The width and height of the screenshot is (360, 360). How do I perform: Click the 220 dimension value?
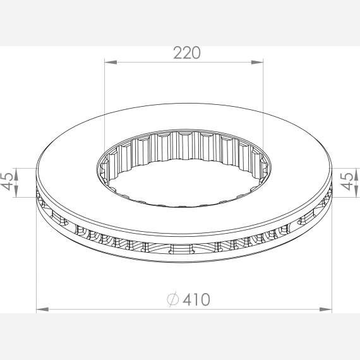point(187,53)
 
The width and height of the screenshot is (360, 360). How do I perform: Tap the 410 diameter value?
point(196,299)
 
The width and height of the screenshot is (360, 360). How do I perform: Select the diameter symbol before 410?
point(172,299)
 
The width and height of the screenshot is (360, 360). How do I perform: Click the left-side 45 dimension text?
point(7,182)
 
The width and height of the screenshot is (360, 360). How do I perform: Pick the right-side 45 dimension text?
point(347,182)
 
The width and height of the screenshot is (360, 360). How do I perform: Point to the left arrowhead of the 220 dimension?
point(111,63)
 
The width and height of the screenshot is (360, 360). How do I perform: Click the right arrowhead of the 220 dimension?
point(257,63)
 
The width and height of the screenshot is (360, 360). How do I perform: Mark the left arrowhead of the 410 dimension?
point(43,309)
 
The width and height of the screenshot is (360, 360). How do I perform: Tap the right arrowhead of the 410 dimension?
point(325,309)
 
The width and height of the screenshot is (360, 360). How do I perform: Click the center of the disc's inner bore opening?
point(184,181)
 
